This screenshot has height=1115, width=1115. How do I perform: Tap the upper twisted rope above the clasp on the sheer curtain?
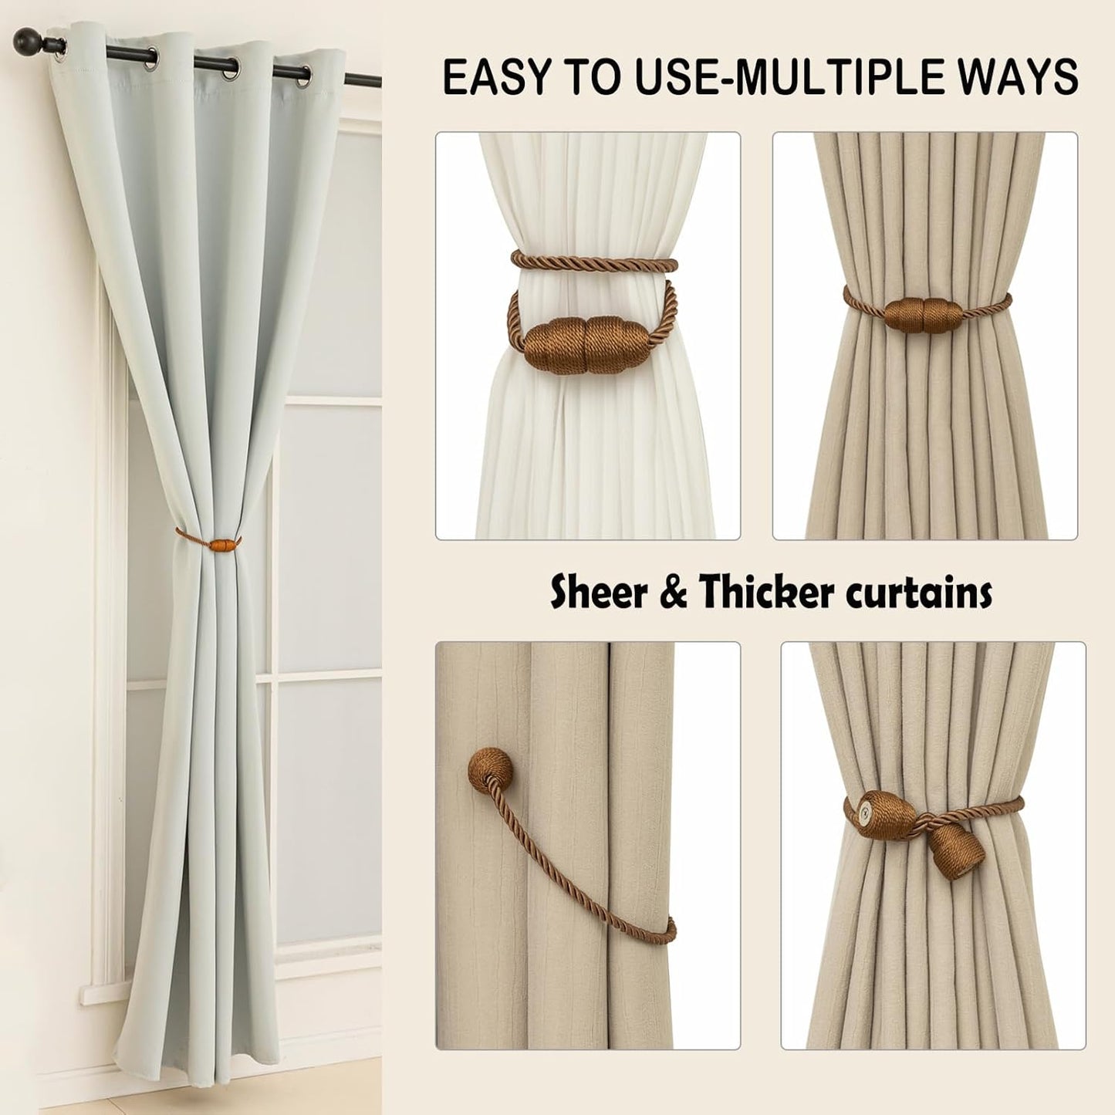pos(594,259)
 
